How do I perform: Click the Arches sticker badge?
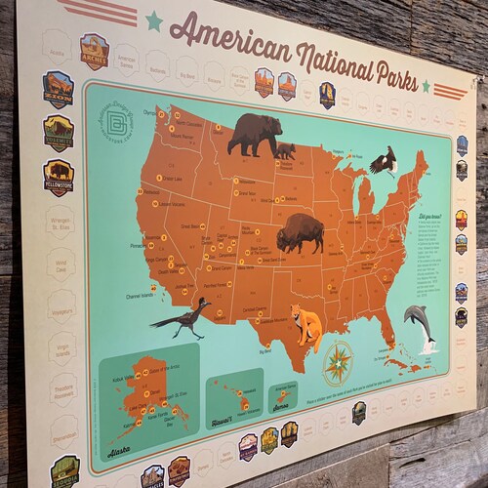(94, 51)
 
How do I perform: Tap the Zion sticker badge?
(58, 89)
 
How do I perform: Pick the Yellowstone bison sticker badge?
(59, 178)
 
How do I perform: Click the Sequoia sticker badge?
(65, 470)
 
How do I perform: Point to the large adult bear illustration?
(253, 134)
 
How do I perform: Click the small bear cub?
(285, 150)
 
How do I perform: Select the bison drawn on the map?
(301, 233)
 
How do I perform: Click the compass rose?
(339, 362)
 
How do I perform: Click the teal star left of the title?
(153, 20)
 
